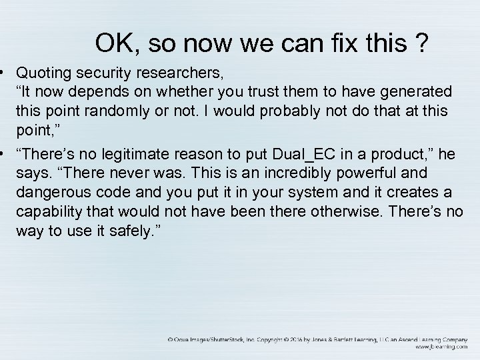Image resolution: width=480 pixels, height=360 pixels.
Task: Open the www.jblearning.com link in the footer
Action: tap(440, 347)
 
